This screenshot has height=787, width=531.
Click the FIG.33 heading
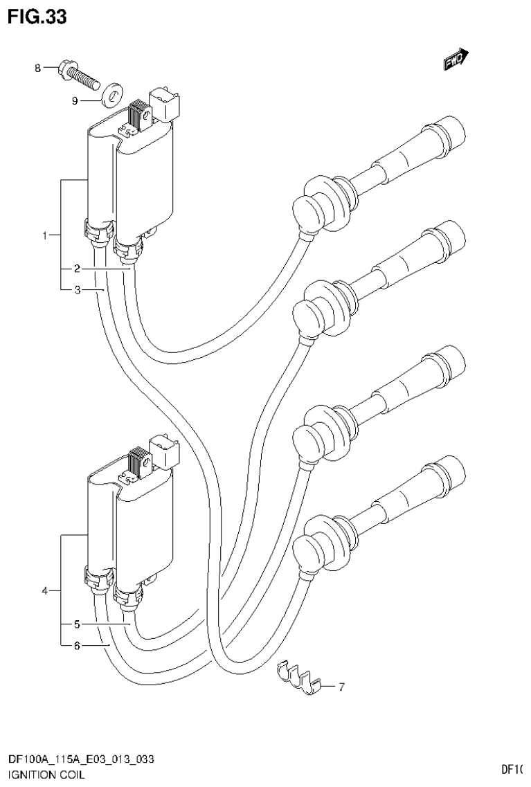[38, 17]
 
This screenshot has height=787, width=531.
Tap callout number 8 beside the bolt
[39, 67]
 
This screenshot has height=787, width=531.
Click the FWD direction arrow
[456, 60]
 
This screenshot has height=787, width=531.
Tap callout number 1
[45, 236]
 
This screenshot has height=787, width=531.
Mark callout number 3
[78, 290]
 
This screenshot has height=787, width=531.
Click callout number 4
[45, 591]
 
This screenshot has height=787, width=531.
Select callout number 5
[78, 624]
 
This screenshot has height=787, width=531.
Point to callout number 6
[78, 646]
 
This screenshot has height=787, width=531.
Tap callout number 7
[341, 687]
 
